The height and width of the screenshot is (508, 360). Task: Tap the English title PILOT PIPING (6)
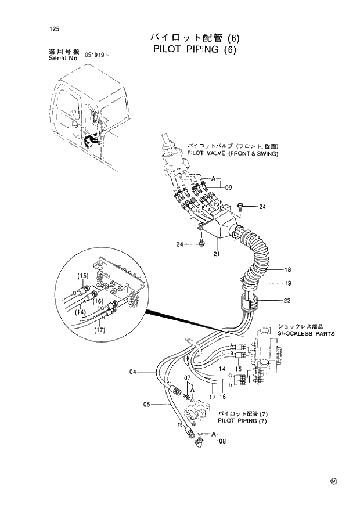coord(196,49)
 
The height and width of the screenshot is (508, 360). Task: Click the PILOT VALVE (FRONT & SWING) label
coord(232,154)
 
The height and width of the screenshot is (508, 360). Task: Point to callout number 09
coord(229,188)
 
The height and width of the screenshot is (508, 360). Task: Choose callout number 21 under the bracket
coord(217,254)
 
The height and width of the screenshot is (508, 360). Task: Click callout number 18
coord(287,269)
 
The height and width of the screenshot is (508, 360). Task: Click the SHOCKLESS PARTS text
coord(305,334)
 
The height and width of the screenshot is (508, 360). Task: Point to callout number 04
coord(133,371)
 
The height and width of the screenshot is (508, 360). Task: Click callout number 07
coord(188,379)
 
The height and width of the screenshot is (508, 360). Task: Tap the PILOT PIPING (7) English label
coord(242,420)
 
